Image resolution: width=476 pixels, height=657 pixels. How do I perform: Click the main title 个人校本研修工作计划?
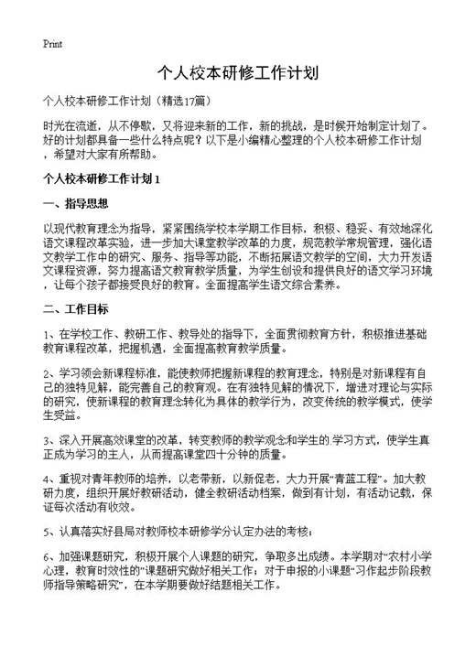coord(237,72)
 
